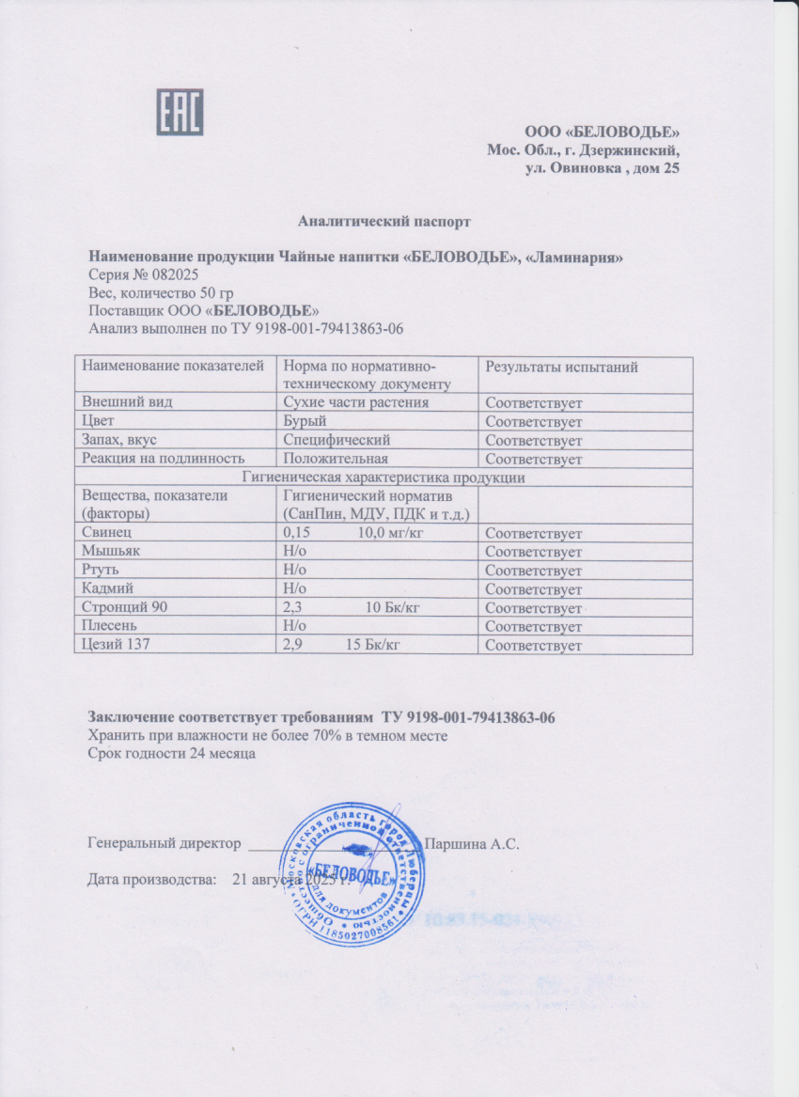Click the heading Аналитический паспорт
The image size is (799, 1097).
click(384, 222)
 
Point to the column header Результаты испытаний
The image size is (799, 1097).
click(561, 368)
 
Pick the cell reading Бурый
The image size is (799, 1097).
click(305, 421)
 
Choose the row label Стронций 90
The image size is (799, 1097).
click(125, 608)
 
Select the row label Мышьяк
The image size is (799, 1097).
click(108, 552)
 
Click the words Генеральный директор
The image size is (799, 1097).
click(164, 843)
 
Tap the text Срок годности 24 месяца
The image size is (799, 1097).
click(172, 753)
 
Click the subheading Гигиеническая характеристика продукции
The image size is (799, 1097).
click(384, 478)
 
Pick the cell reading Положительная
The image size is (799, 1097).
click(336, 459)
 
